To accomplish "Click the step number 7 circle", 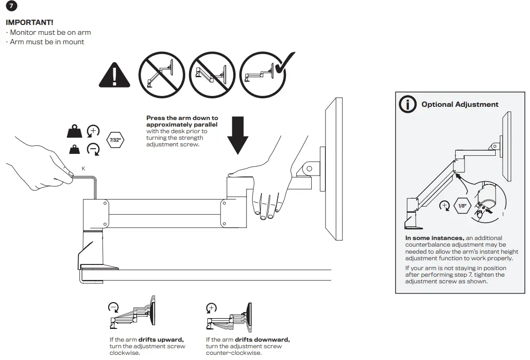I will [11, 7].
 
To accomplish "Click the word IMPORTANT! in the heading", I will [29, 23].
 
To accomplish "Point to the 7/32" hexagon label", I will [115, 140].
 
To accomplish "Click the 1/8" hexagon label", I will [462, 206].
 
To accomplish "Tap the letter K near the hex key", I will [84, 168].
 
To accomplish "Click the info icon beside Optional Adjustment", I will [407, 104].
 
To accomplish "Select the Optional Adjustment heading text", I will [459, 104].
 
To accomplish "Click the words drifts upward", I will [161, 339].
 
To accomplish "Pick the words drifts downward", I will [262, 339].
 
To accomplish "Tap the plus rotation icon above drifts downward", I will [212, 308].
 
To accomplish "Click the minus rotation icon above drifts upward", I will [113, 308].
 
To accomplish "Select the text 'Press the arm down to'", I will [182, 118].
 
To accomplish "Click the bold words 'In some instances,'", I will [435, 238].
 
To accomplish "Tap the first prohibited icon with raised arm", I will [161, 75].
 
